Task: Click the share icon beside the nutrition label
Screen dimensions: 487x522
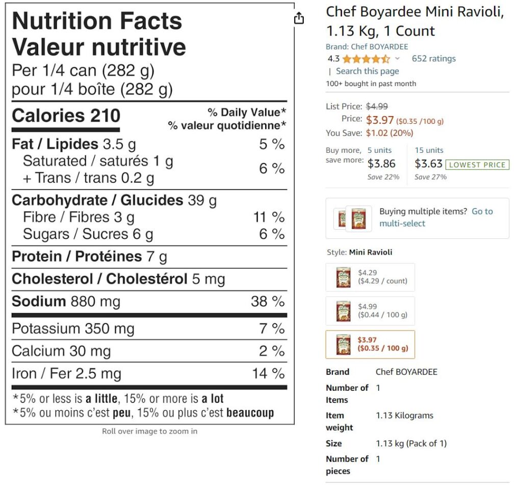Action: click(x=299, y=18)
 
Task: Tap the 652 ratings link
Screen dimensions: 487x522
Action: click(x=433, y=59)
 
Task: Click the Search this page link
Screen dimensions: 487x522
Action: click(x=367, y=71)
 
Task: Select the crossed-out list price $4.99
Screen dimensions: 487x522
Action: click(x=377, y=106)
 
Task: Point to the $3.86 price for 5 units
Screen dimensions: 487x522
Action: click(x=381, y=164)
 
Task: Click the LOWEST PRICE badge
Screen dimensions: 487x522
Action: click(x=477, y=165)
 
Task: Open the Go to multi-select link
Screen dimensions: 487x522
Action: click(x=436, y=218)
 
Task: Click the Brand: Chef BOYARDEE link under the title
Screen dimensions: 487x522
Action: click(x=367, y=47)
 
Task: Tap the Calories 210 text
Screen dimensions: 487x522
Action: click(x=66, y=116)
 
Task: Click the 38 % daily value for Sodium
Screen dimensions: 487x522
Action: click(x=268, y=302)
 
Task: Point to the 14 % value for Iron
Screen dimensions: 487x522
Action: click(x=268, y=374)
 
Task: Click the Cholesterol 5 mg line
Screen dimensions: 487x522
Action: click(x=118, y=279)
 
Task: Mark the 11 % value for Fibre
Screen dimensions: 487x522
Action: click(x=269, y=218)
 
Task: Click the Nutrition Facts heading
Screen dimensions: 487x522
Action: click(x=97, y=21)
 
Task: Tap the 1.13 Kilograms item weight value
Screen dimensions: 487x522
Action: click(x=404, y=416)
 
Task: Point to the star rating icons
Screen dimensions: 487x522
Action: click(x=366, y=59)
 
